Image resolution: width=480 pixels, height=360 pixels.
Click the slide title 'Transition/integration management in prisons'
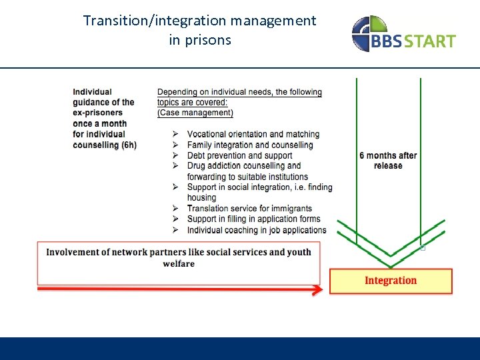tap(199, 30)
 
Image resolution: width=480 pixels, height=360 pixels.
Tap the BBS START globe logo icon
tap(368, 33)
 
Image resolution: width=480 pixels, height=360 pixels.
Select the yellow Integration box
tap(391, 281)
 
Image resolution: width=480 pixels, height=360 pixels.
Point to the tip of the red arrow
tap(321, 289)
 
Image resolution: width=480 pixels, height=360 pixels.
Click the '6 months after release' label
tap(388, 161)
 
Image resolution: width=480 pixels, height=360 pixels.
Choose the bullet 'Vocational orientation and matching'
tap(253, 135)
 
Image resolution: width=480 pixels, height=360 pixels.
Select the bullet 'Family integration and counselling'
tap(249, 145)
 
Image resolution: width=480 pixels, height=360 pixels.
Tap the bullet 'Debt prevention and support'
tap(240, 155)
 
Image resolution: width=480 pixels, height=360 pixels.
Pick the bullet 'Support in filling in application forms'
tap(253, 219)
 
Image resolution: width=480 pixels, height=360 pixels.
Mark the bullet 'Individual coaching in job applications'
tap(256, 230)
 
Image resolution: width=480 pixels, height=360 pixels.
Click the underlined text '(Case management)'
tap(195, 113)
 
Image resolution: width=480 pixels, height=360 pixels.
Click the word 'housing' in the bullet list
tap(201, 198)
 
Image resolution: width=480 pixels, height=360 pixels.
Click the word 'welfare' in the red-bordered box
tap(179, 264)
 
